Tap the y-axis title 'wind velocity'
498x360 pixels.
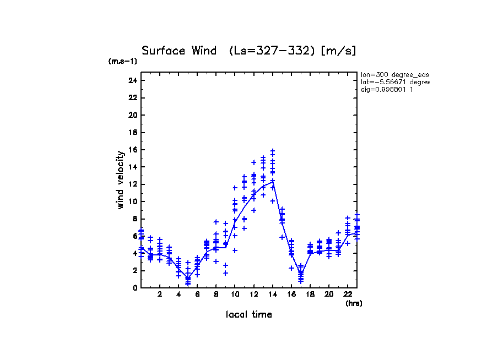coord(121,180)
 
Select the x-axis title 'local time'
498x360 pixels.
coord(248,314)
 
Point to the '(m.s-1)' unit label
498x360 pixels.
coord(123,61)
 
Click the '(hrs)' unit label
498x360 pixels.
coord(354,303)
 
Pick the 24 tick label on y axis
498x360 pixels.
coord(132,80)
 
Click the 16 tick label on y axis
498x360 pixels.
coord(132,150)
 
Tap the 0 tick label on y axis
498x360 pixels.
coord(134,287)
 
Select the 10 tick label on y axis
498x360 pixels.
coord(132,201)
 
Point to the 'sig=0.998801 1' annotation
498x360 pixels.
coord(387,90)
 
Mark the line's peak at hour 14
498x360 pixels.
coord(272,181)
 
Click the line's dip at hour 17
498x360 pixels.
coord(301,274)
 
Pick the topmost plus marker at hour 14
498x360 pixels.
coord(272,150)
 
